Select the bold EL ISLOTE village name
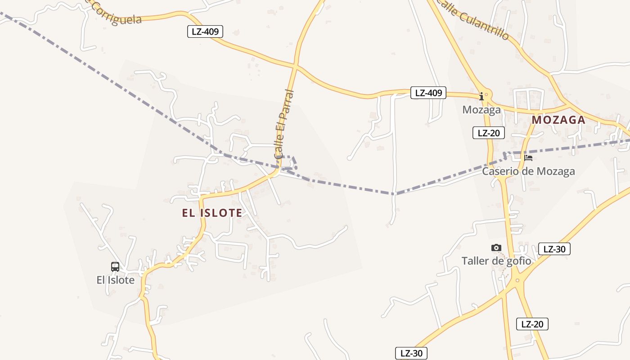point(212,213)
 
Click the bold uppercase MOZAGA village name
point(558,120)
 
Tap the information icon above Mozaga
point(481,96)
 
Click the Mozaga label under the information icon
point(481,110)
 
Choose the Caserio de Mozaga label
point(528,171)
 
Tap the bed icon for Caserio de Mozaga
point(528,158)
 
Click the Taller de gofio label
point(496,261)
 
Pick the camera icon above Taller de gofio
point(496,247)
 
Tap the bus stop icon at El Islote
point(115,266)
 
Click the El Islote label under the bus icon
point(116,280)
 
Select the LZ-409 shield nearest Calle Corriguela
point(205,31)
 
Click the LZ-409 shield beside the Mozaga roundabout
point(428,93)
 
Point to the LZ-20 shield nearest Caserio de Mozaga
point(488,133)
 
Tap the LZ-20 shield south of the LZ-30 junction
point(532,324)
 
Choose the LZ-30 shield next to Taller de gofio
point(554,249)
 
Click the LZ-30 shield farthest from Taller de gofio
point(411,353)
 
